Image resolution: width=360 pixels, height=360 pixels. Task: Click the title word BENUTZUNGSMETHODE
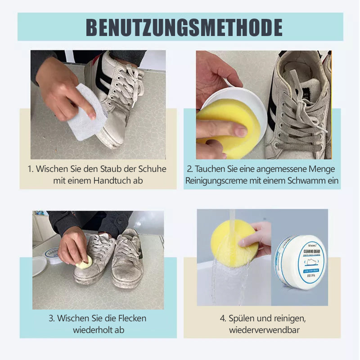[184, 27]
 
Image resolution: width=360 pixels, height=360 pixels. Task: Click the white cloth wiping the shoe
[87, 115]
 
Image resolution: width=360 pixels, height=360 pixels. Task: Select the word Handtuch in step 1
[120, 181]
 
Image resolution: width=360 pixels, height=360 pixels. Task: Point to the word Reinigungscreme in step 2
[214, 181]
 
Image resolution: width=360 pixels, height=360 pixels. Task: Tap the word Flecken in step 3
[132, 318]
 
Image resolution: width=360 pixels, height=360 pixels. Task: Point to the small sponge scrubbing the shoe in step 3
[84, 263]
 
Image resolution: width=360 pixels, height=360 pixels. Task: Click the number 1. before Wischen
[30, 170]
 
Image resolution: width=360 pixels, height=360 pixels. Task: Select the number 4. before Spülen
[223, 318]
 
